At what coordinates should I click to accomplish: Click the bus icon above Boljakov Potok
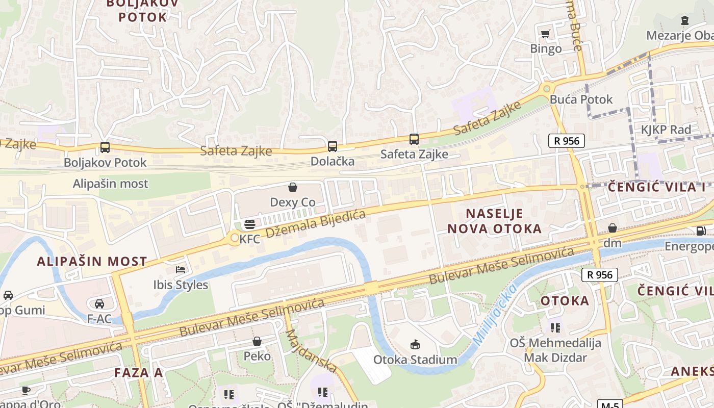(105, 147)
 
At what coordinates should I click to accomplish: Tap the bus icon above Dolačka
(333, 146)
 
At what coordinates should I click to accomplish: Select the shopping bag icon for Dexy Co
(293, 187)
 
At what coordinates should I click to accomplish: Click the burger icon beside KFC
(250, 224)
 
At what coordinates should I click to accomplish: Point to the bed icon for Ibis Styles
(181, 269)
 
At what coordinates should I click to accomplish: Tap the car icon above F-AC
(99, 304)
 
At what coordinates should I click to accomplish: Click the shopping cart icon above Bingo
(546, 34)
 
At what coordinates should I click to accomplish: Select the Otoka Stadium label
(415, 360)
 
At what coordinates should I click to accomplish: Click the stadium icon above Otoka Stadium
(415, 345)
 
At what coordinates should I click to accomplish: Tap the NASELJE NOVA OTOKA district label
(495, 221)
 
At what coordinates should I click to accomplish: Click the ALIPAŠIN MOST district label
(92, 262)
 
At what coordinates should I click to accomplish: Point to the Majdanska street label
(311, 351)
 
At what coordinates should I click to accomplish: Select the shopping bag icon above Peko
(257, 341)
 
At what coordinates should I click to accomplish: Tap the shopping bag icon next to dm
(613, 228)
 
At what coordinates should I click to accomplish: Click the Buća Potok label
(581, 99)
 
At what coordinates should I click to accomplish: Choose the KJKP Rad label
(666, 130)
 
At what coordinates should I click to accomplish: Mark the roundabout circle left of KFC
(235, 238)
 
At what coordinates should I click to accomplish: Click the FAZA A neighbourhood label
(139, 372)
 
